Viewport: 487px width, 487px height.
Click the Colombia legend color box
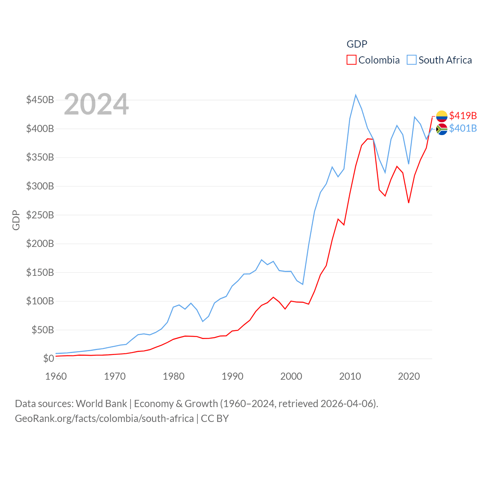pyautogui.click(x=352, y=60)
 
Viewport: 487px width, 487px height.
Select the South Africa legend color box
pyautogui.click(x=412, y=60)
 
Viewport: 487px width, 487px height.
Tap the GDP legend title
pyautogui.click(x=357, y=44)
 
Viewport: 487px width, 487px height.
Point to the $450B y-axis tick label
pyautogui.click(x=40, y=100)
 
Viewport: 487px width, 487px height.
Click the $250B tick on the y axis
pyautogui.click(x=40, y=215)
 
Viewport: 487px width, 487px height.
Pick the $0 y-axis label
pyautogui.click(x=48, y=358)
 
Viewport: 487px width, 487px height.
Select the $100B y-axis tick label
pyautogui.click(x=40, y=301)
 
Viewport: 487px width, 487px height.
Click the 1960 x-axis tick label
pyautogui.click(x=56, y=376)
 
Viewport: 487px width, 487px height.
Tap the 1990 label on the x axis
pyautogui.click(x=232, y=376)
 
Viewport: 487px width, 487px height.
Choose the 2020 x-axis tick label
pyautogui.click(x=409, y=376)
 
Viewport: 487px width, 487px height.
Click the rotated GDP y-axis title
pyautogui.click(x=16, y=220)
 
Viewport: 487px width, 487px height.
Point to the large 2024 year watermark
pyautogui.click(x=96, y=104)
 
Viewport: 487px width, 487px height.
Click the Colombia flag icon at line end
pyautogui.click(x=442, y=116)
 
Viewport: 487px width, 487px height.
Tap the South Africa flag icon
pyautogui.click(x=442, y=129)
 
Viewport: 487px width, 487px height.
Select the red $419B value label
pyautogui.click(x=463, y=116)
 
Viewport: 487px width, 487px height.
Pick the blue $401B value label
pyautogui.click(x=463, y=128)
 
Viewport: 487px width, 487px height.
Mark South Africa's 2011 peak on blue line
pyautogui.click(x=356, y=95)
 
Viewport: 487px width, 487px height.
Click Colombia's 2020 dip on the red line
pyautogui.click(x=409, y=202)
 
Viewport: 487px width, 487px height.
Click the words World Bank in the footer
pyautogui.click(x=101, y=403)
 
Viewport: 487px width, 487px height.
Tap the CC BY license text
pyautogui.click(x=215, y=419)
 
